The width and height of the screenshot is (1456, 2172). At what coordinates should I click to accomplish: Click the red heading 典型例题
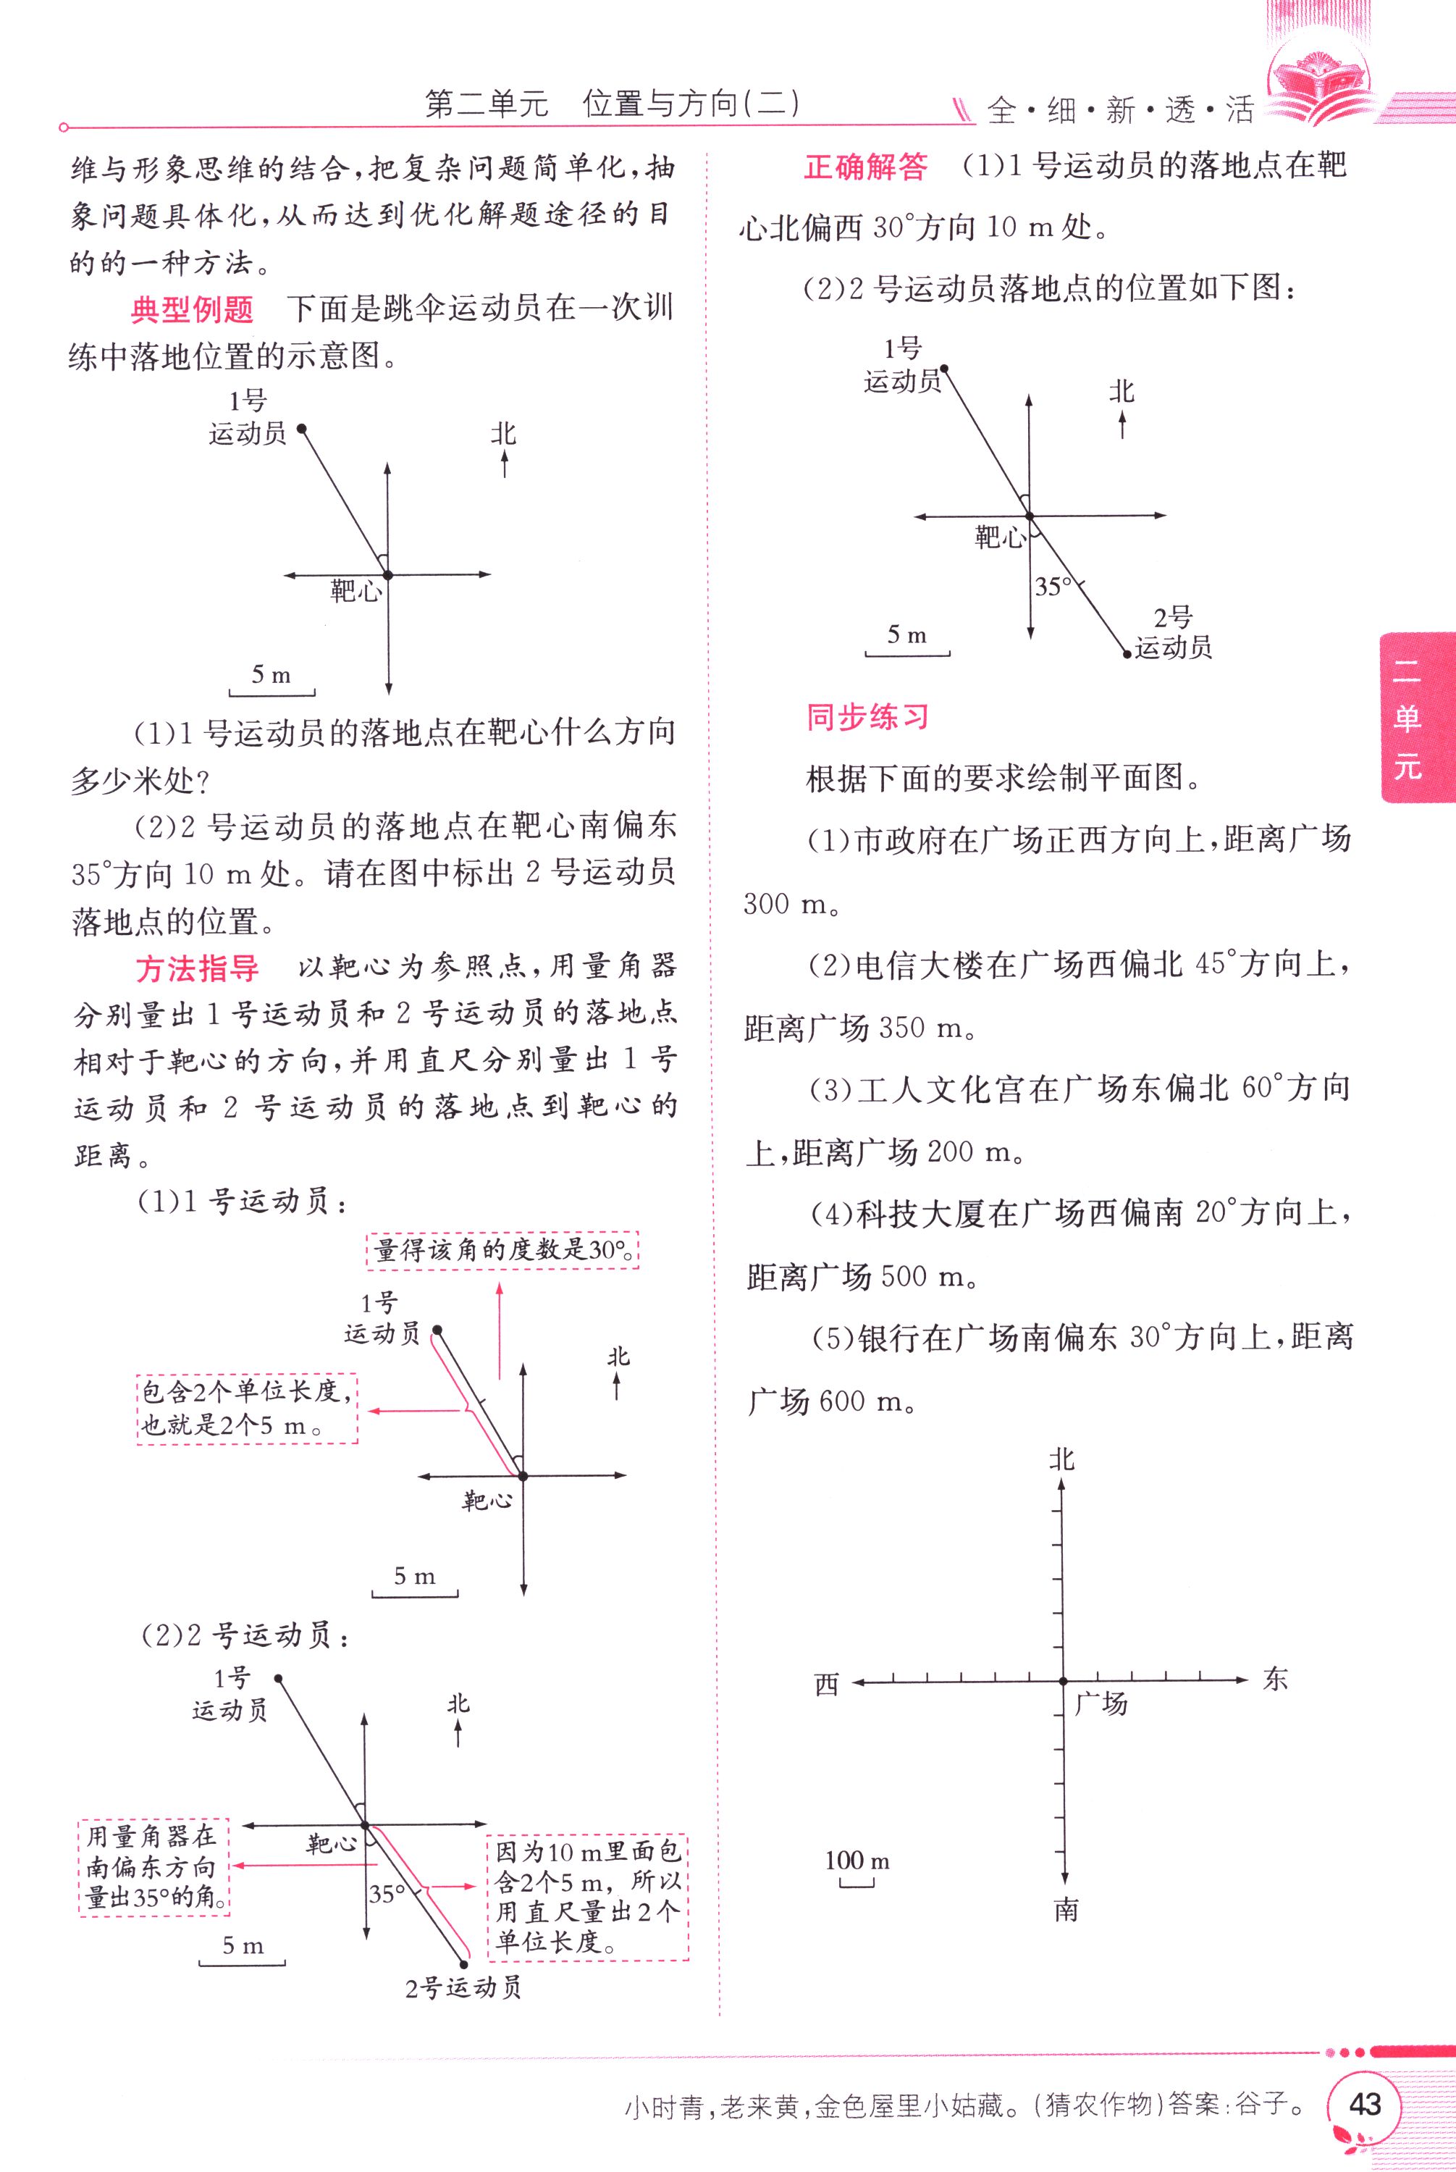pos(192,309)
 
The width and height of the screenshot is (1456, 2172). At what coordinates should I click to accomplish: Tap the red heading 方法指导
pos(197,968)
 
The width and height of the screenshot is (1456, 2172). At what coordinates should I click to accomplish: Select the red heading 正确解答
pos(865,167)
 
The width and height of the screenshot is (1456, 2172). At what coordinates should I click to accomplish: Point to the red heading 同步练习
pos(867,717)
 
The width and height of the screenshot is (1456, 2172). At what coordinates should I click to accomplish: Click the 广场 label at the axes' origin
pos(1101,1703)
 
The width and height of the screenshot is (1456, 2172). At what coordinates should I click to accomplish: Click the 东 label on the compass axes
pos(1275,1679)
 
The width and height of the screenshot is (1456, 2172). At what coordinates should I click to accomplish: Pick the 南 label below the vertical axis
pos(1066,1910)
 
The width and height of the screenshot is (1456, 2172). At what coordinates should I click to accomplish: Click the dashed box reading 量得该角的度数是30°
pos(502,1250)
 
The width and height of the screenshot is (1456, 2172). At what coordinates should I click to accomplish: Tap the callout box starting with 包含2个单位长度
pos(247,1408)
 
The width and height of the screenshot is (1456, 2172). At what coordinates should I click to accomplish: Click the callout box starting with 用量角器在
pos(153,1866)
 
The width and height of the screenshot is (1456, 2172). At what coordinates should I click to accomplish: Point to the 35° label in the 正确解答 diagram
pos(1053,587)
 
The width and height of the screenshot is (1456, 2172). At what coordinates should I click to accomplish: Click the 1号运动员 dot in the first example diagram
pos(301,428)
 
